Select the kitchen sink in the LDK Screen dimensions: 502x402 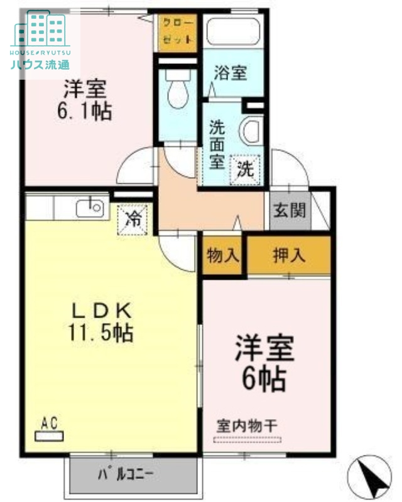pyautogui.click(x=90, y=206)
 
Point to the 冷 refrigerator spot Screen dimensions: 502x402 pyautogui.click(x=133, y=219)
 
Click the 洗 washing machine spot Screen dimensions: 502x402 pyautogui.click(x=244, y=168)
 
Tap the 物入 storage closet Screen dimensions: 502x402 pyautogui.click(x=222, y=255)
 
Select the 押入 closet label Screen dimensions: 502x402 pyautogui.click(x=288, y=255)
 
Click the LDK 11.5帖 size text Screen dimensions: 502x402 pyautogui.click(x=102, y=321)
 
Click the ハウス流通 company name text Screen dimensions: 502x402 pyautogui.click(x=40, y=63)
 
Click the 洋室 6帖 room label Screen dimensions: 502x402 pyautogui.click(x=264, y=362)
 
